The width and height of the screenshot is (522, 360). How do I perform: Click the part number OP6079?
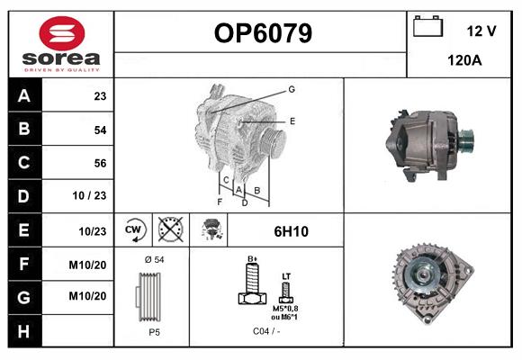click(x=263, y=34)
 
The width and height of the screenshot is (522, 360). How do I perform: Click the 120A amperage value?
click(x=465, y=62)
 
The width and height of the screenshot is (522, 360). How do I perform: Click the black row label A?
click(x=24, y=96)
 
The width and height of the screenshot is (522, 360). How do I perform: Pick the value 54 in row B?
click(x=100, y=130)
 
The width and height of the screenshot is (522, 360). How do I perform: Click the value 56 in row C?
click(x=100, y=163)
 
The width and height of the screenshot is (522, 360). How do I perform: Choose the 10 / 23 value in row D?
click(x=93, y=196)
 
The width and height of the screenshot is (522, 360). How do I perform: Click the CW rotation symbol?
click(x=133, y=230)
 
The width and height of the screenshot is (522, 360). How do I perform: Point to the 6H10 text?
click(x=291, y=231)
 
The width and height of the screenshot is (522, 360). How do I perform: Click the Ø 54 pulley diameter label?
click(x=152, y=259)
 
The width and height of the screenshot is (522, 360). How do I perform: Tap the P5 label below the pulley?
click(x=153, y=332)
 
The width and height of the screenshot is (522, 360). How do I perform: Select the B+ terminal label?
click(x=253, y=258)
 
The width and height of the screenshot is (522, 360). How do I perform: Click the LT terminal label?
click(x=286, y=276)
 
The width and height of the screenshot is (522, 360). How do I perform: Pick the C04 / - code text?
click(x=265, y=332)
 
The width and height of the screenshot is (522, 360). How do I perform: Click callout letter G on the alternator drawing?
click(x=292, y=89)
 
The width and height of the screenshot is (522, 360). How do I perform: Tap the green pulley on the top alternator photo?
click(x=465, y=140)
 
